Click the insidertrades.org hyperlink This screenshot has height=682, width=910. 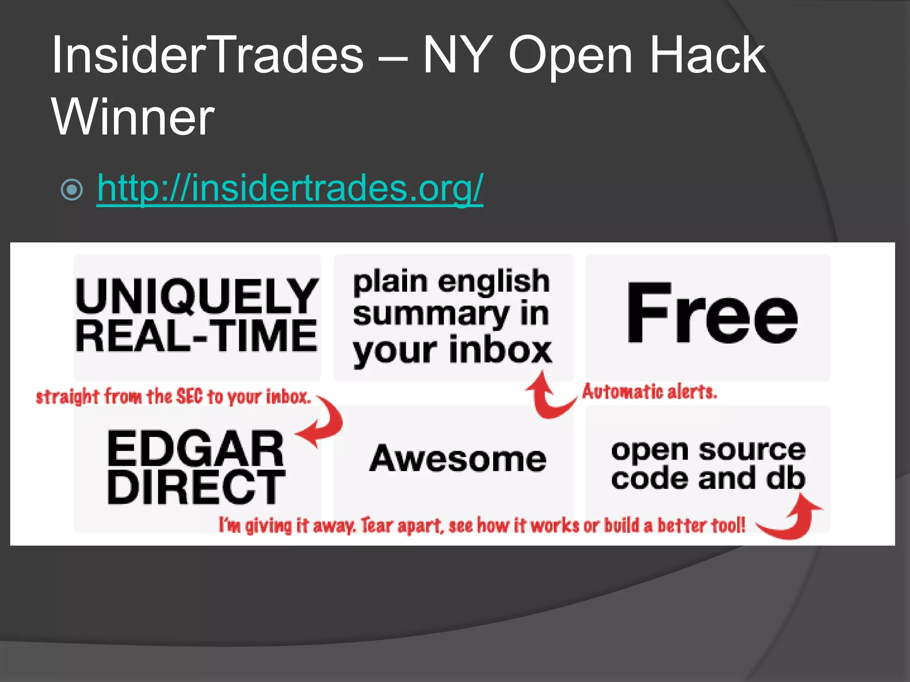(x=290, y=188)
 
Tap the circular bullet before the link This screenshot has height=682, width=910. (x=72, y=190)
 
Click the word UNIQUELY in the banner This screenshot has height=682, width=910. (x=197, y=295)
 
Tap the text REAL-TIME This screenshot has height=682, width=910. (x=196, y=336)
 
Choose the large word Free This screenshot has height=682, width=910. (x=712, y=313)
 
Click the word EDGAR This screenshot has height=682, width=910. (x=196, y=449)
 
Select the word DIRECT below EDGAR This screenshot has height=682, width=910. (x=196, y=488)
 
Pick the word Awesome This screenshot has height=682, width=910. (x=458, y=459)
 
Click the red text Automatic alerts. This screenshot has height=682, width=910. (x=650, y=392)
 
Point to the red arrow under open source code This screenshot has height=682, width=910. (x=794, y=519)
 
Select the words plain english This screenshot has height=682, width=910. (x=451, y=282)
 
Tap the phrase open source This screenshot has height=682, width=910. (x=708, y=450)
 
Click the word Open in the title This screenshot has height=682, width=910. (x=571, y=56)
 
